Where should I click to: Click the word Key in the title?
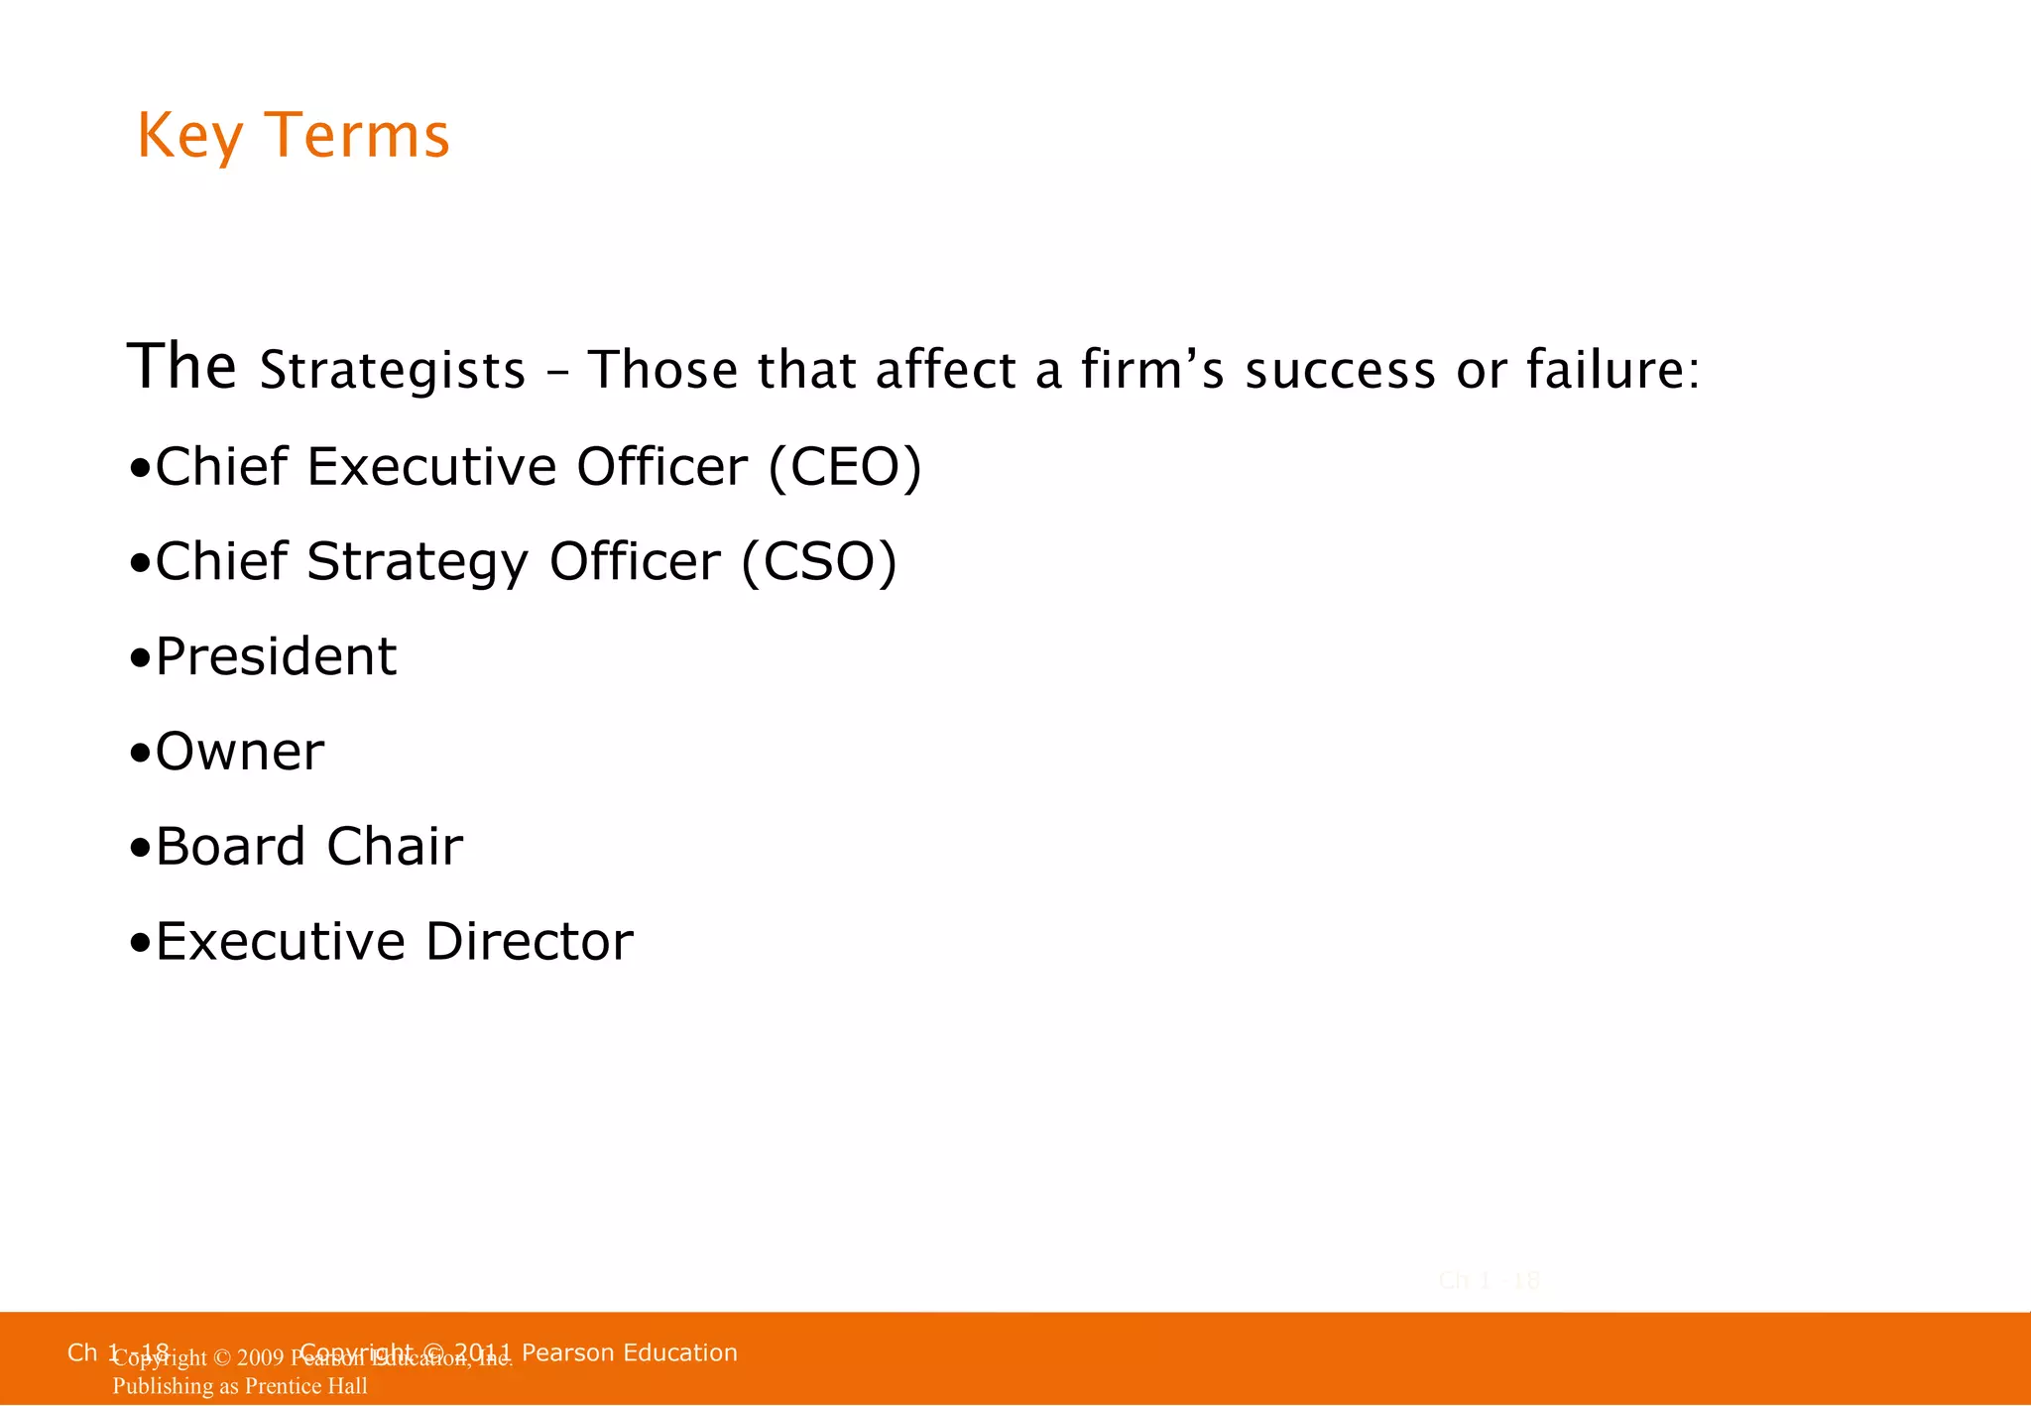click(189, 136)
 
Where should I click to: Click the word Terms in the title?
click(358, 136)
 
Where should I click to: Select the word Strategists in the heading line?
click(392, 371)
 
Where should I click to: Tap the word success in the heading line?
click(1340, 370)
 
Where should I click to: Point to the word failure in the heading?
click(1612, 369)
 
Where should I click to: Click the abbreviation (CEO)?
click(845, 467)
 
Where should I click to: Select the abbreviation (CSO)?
click(819, 562)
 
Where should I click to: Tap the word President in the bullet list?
click(276, 656)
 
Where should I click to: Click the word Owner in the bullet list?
click(240, 752)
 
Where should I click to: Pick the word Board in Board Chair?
click(230, 847)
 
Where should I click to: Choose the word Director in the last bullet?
click(530, 942)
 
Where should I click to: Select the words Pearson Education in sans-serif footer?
click(629, 1353)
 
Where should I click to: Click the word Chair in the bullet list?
click(395, 847)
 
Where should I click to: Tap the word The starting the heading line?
click(181, 366)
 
